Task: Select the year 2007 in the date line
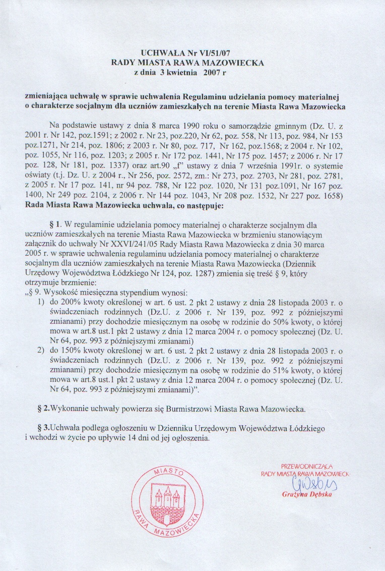[x=212, y=72]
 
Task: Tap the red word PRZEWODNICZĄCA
[x=306, y=467]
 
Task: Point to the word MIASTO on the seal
[x=167, y=473]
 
